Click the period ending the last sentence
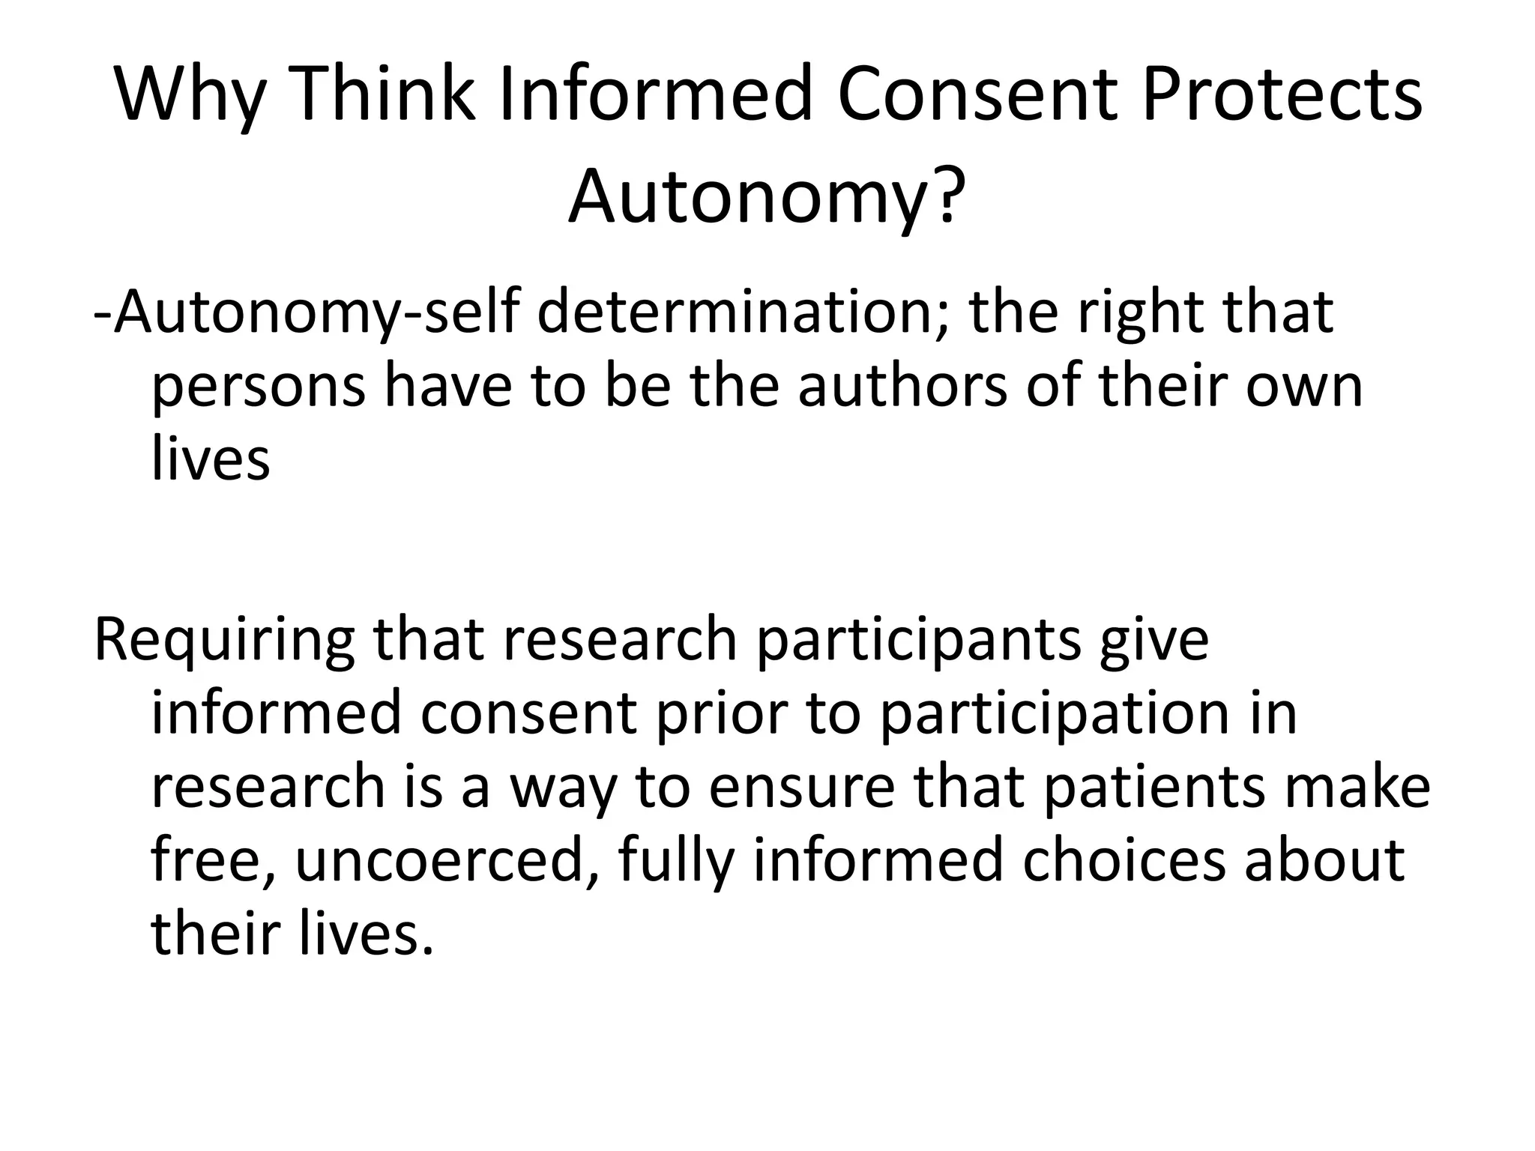[428, 950]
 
